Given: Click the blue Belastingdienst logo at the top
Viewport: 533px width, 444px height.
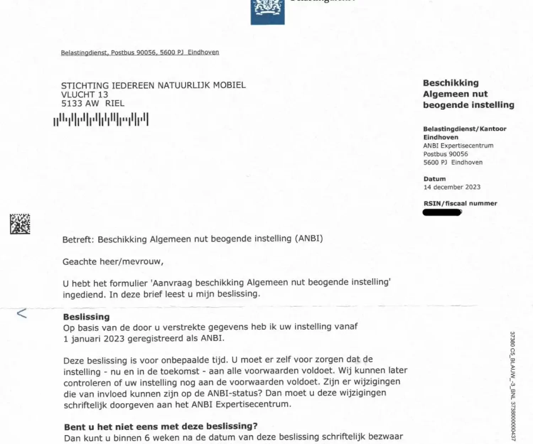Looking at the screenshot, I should (268, 12).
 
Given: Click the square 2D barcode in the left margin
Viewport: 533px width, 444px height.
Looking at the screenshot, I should (20, 224).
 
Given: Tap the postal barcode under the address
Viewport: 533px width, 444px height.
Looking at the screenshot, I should (101, 119).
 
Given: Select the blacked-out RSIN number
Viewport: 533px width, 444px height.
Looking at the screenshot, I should (442, 212).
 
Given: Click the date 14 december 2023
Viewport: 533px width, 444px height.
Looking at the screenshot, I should (452, 187).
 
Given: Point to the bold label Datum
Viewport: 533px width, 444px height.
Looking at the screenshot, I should (434, 179).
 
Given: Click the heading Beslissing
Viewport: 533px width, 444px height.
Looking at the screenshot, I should (86, 316).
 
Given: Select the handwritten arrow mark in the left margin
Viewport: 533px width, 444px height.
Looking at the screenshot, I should (22, 313).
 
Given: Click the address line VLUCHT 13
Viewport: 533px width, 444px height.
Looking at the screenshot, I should (85, 94).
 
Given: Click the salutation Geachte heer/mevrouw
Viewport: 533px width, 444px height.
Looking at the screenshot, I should (113, 262).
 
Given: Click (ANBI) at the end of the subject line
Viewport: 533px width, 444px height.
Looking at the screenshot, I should (308, 238).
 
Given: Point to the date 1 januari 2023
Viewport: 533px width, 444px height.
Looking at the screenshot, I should (94, 339).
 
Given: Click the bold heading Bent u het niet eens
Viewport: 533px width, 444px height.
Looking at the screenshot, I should (161, 426).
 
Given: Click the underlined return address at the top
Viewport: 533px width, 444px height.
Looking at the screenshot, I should (140, 53).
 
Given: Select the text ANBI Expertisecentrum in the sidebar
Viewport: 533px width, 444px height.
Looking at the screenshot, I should (458, 146).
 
